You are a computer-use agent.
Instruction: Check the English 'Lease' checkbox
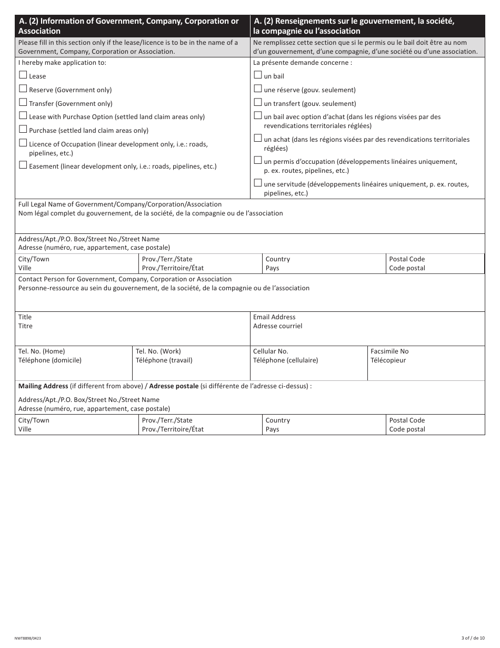(x=23, y=75)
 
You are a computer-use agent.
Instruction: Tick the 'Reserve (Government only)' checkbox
(x=23, y=89)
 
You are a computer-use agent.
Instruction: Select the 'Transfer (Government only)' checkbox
(x=23, y=103)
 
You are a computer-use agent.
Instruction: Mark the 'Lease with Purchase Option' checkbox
(x=23, y=116)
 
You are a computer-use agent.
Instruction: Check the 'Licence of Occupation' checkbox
(x=23, y=143)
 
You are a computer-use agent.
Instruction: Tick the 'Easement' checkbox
(x=23, y=165)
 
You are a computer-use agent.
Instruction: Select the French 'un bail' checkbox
(x=258, y=75)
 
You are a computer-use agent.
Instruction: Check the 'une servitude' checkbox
(x=258, y=183)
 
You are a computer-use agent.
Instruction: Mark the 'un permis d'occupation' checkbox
(x=258, y=161)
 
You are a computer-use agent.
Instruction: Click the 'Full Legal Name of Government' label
(x=120, y=204)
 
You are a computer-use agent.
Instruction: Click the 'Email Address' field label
(x=274, y=317)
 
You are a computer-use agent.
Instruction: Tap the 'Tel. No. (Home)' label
(x=42, y=351)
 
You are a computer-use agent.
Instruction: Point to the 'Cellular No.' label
(x=271, y=351)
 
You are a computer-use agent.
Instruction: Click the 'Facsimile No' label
(x=389, y=351)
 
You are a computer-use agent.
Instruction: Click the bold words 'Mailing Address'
(x=43, y=386)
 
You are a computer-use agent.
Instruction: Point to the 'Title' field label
(x=25, y=317)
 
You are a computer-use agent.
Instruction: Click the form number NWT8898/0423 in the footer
(x=28, y=638)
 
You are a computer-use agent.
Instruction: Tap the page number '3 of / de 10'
(x=473, y=638)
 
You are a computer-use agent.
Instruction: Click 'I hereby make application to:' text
(x=62, y=63)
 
